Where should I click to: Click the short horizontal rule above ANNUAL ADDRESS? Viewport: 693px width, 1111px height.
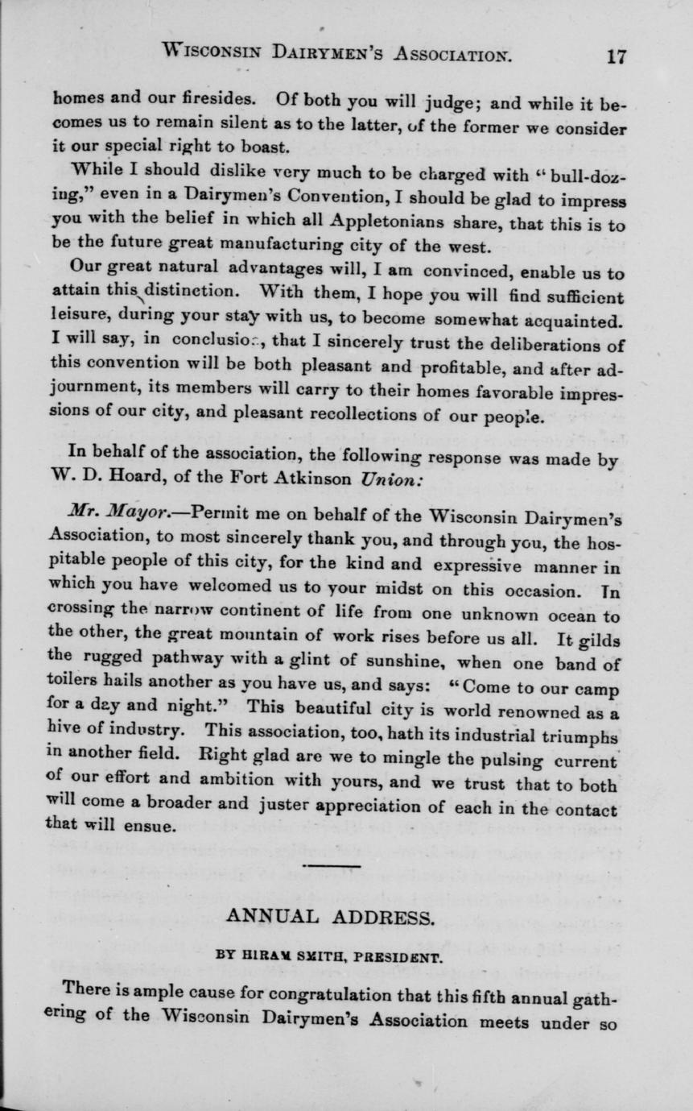click(332, 866)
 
